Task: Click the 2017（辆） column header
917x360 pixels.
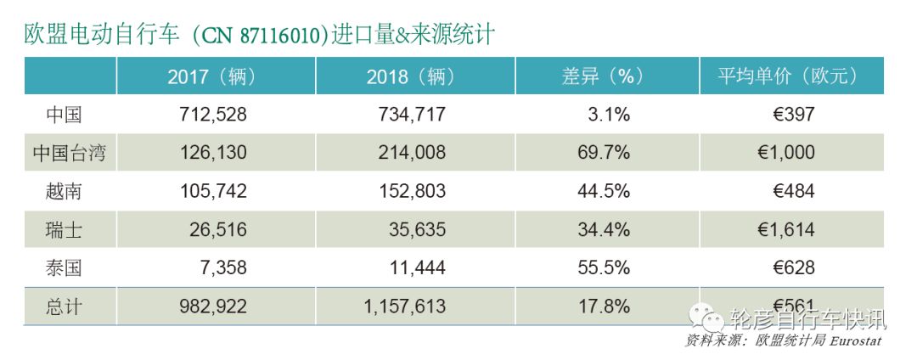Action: point(211,76)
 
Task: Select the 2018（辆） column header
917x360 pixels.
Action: point(411,76)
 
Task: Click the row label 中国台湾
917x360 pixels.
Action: point(70,153)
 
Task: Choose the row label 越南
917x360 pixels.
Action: point(65,191)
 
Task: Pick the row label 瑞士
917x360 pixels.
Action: point(65,230)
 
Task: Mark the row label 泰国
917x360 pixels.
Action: point(65,268)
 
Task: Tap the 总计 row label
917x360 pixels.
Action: point(65,307)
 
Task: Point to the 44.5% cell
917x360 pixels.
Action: point(603,191)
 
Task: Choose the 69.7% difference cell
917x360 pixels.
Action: point(603,153)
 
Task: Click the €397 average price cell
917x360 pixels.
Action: point(790,115)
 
